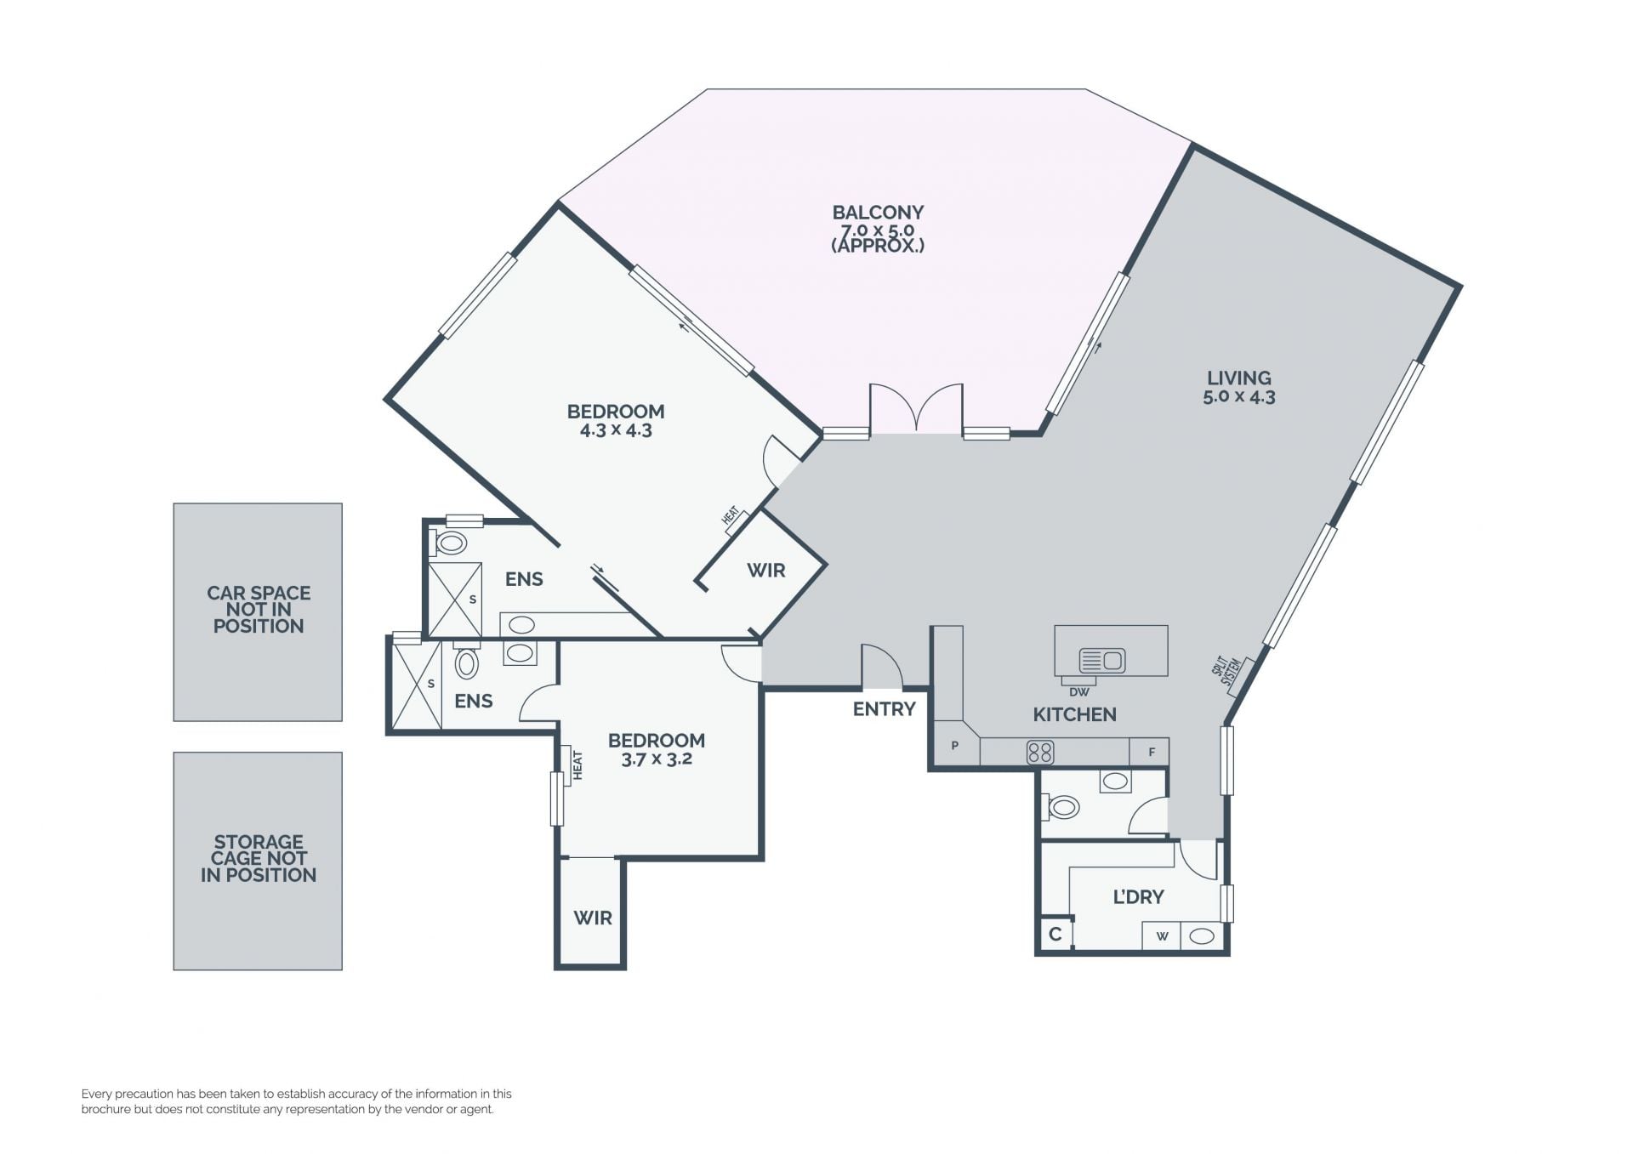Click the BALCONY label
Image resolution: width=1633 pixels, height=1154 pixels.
[878, 213]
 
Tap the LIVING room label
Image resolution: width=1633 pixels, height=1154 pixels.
[1239, 378]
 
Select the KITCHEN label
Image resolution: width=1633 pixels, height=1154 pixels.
[1074, 714]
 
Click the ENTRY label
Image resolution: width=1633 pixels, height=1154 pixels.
[885, 708]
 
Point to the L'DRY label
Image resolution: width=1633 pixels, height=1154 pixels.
[1138, 896]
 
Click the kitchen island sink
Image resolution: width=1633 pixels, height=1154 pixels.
[1102, 660]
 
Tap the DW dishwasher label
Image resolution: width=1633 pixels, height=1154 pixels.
[1078, 692]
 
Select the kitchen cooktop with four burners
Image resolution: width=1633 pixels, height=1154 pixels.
[1040, 753]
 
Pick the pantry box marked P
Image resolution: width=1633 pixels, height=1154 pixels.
[955, 746]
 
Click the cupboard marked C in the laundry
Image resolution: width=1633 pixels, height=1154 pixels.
[1055, 934]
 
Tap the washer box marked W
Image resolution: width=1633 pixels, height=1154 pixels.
[1162, 936]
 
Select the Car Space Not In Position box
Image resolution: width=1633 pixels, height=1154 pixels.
[258, 612]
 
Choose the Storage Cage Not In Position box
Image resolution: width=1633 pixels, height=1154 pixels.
[258, 861]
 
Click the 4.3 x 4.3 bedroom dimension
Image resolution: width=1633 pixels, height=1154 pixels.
[616, 430]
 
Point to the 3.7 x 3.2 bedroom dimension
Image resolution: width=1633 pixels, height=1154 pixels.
[656, 759]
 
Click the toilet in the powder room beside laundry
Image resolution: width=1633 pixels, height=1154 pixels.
[1061, 806]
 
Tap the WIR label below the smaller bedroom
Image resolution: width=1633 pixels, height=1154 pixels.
[593, 918]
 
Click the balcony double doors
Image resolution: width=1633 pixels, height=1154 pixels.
[916, 408]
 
